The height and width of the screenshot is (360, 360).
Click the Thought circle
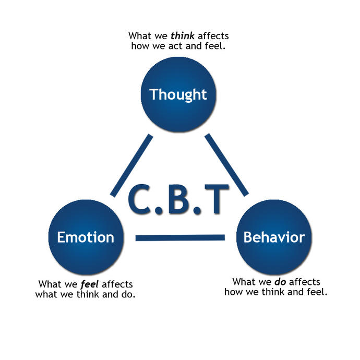[178, 94]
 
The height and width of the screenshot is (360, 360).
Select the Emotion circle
[86, 237]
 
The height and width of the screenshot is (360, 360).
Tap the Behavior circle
[274, 237]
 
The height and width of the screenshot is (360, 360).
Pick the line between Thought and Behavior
[226, 165]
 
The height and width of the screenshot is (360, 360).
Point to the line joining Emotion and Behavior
[180, 238]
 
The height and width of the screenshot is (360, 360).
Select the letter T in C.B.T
[215, 199]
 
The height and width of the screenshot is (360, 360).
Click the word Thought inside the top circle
[178, 94]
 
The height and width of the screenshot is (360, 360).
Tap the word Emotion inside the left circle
[86, 237]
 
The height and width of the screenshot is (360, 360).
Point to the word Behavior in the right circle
[274, 237]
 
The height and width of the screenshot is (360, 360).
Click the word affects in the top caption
[213, 37]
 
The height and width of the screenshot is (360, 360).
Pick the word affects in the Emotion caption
[117, 285]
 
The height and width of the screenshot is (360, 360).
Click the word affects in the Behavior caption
[304, 282]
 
